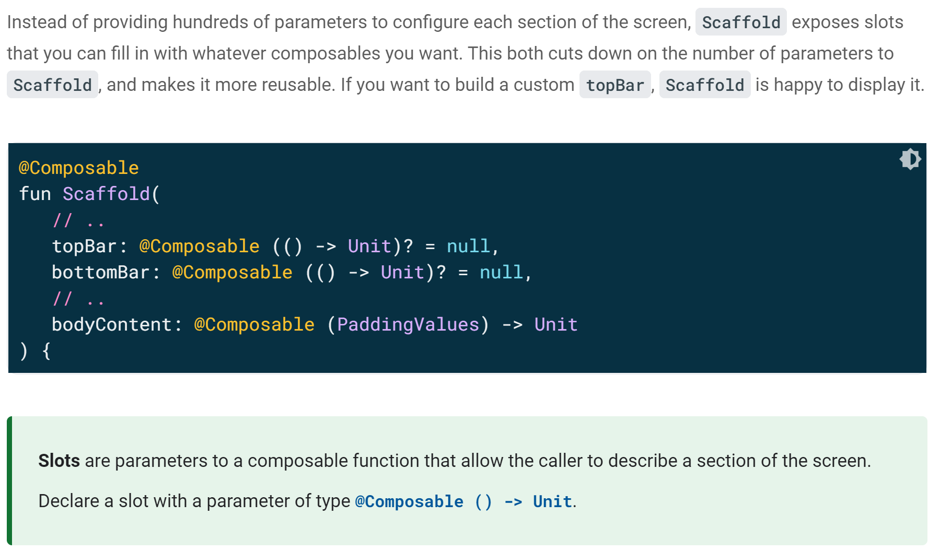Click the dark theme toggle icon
click(910, 159)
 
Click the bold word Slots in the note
click(59, 461)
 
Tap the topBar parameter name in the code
click(84, 246)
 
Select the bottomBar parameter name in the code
click(100, 272)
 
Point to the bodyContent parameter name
click(111, 324)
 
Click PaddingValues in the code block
click(408, 324)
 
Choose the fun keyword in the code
click(35, 194)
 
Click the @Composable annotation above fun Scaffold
click(79, 168)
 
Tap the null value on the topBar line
click(468, 246)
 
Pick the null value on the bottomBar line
click(501, 272)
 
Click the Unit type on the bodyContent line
click(555, 324)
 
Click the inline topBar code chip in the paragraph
click(615, 85)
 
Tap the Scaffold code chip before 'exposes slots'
click(740, 22)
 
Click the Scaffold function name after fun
click(106, 194)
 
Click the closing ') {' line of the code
click(35, 350)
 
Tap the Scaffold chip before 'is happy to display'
click(704, 85)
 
